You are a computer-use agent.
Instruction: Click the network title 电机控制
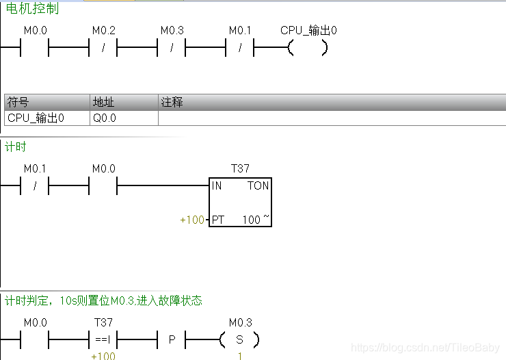pyautogui.click(x=32, y=9)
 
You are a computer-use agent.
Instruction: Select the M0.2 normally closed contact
pyautogui.click(x=103, y=49)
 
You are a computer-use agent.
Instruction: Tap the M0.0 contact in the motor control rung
pyautogui.click(x=35, y=49)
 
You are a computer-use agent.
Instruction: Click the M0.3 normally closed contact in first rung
pyautogui.click(x=172, y=49)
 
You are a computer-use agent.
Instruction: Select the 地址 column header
pyautogui.click(x=103, y=102)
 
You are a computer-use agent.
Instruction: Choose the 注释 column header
pyautogui.click(x=172, y=102)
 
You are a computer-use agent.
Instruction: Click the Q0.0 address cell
pyautogui.click(x=105, y=118)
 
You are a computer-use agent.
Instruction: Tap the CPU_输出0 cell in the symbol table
pyautogui.click(x=36, y=118)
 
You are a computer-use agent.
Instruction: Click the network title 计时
pyautogui.click(x=16, y=146)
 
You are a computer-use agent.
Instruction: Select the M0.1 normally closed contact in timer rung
pyautogui.click(x=35, y=185)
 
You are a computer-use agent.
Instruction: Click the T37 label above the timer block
pyautogui.click(x=240, y=168)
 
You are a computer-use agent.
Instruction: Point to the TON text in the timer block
pyautogui.click(x=258, y=185)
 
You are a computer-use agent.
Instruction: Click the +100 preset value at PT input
pyautogui.click(x=192, y=220)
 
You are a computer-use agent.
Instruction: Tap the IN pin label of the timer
pyautogui.click(x=217, y=185)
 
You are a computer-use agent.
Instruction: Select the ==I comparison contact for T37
pyautogui.click(x=103, y=339)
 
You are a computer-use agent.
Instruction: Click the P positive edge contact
pyautogui.click(x=172, y=339)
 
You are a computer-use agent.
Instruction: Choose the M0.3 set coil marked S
pyautogui.click(x=239, y=339)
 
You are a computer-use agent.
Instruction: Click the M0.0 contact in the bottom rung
pyautogui.click(x=35, y=339)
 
